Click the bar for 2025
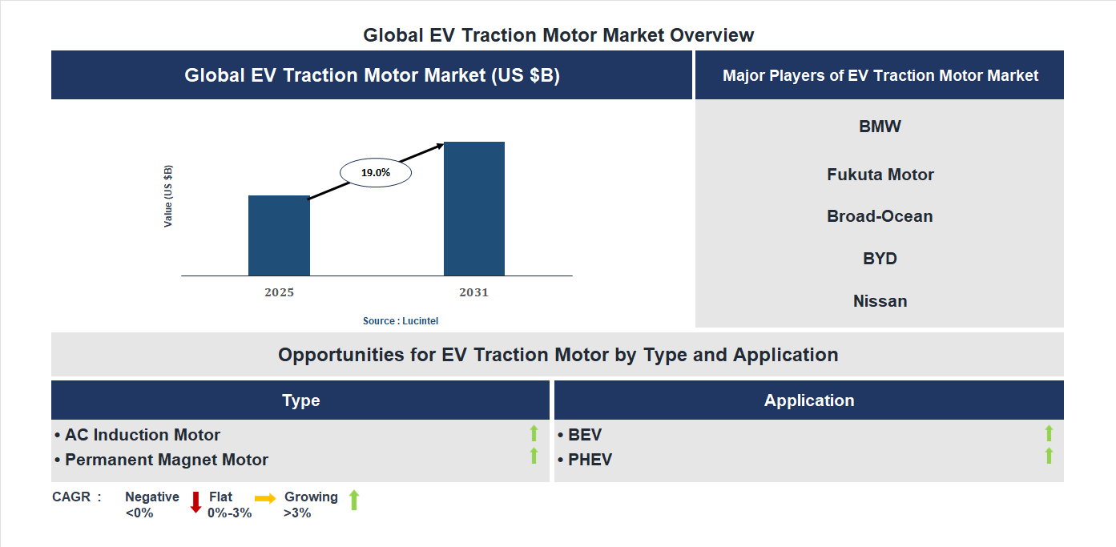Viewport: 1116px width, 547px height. (279, 235)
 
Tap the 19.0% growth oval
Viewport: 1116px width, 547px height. (376, 172)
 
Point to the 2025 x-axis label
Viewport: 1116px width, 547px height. (279, 292)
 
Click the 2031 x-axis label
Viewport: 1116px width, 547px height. (473, 292)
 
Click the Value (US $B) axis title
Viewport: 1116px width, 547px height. (168, 196)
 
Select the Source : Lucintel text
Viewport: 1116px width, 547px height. (401, 320)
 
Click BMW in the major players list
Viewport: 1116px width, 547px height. (880, 127)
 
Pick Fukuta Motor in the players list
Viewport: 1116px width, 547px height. (880, 175)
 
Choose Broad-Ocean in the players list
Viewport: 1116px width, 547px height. (880, 216)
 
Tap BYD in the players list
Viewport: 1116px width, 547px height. (880, 259)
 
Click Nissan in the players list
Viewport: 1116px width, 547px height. (880, 301)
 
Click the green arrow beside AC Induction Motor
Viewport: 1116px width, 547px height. (534, 433)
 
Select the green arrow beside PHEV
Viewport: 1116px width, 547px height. (1049, 456)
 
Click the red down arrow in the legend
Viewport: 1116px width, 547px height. (195, 502)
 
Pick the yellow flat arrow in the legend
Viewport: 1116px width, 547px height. (265, 498)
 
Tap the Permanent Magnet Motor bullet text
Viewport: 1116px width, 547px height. (166, 460)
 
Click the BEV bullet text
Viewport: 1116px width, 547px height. (584, 435)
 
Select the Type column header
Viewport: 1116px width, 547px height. (300, 400)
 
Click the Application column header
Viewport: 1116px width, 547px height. (808, 400)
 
